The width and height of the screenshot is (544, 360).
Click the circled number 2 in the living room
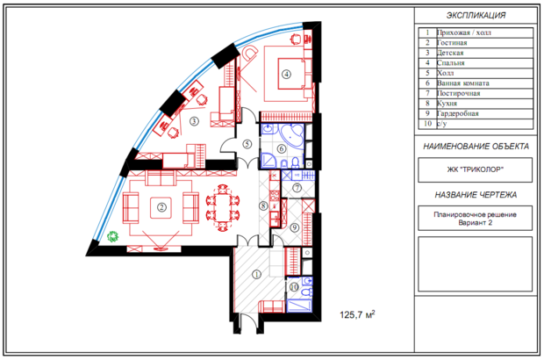point(161,207)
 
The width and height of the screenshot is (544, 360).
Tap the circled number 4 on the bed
point(286,74)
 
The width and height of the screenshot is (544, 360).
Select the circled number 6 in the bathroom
point(282,148)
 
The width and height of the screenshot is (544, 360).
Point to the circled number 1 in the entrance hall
point(257,275)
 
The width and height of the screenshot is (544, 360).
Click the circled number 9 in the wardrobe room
point(295,227)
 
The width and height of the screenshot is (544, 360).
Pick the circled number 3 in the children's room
point(194,121)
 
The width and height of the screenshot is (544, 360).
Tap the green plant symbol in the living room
point(113,237)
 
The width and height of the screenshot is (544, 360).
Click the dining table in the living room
point(223,207)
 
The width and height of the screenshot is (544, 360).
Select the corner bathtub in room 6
point(290,134)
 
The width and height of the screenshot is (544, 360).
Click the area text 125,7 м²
point(357,314)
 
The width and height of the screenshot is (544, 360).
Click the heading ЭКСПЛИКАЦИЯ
point(476,15)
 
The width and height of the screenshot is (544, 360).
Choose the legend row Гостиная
point(452,43)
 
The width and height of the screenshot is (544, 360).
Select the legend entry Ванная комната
point(462,83)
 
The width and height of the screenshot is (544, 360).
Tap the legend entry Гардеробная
point(458,113)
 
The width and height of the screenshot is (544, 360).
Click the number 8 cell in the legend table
point(427,104)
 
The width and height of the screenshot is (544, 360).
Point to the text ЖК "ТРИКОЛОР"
point(476,169)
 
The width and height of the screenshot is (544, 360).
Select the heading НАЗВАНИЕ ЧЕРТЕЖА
point(476,195)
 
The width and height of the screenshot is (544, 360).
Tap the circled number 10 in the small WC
point(294,287)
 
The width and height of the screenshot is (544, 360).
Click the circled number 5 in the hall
point(247,144)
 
